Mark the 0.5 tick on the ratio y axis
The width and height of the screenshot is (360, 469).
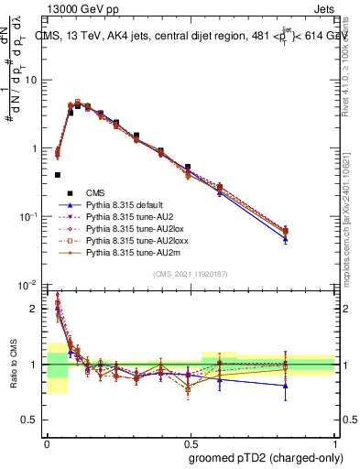click(33, 420)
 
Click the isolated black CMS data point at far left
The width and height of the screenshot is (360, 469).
click(58, 174)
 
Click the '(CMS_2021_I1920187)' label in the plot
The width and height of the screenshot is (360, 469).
click(191, 275)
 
